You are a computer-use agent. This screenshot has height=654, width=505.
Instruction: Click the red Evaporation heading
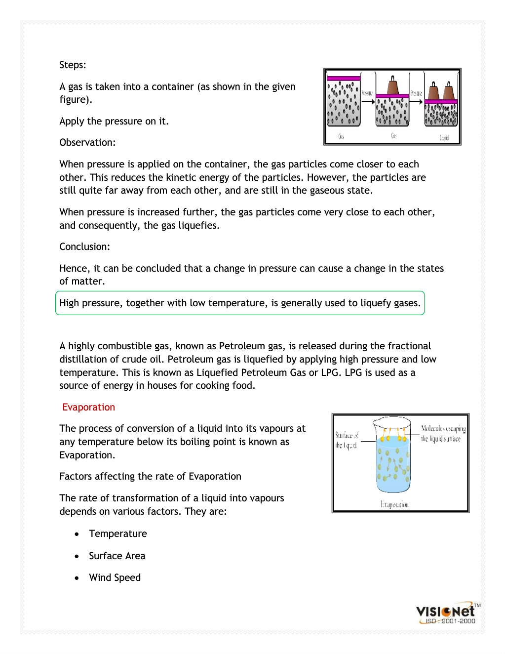coord(88,407)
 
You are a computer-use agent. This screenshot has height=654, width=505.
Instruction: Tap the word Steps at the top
coord(72,65)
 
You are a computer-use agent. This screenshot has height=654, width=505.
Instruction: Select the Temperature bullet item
coord(117,533)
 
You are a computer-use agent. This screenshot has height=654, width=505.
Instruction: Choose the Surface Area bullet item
coord(117,556)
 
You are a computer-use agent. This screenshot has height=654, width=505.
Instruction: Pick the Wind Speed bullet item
coord(115,577)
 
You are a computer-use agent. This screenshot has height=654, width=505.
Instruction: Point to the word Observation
coord(87,142)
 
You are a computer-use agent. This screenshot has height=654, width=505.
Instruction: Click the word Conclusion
coord(84,246)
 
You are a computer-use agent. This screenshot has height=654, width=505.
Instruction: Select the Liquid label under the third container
coord(444,138)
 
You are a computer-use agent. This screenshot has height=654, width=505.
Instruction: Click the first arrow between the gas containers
coord(368,102)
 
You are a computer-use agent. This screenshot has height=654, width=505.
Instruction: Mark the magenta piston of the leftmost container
coord(344,78)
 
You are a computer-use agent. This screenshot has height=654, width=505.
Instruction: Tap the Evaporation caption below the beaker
coord(394,504)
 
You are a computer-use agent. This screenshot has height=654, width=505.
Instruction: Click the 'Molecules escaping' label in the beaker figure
coord(443,428)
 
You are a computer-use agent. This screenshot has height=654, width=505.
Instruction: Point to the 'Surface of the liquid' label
coord(347,440)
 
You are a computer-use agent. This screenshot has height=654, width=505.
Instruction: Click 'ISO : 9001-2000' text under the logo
coord(450,621)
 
